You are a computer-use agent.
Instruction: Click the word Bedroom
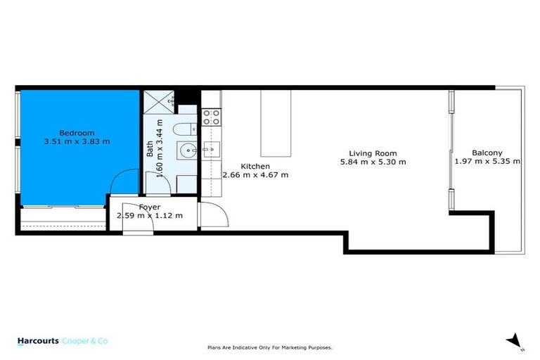(77, 133)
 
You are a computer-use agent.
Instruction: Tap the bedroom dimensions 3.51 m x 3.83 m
(77, 141)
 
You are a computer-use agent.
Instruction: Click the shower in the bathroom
(160, 102)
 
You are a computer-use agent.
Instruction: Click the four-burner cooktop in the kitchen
(212, 117)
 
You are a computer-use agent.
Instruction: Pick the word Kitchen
(255, 167)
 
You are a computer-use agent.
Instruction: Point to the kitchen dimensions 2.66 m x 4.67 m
(255, 175)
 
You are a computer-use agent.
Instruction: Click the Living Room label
(373, 153)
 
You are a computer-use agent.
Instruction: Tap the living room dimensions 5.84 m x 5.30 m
(373, 162)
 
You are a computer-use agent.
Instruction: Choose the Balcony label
(487, 153)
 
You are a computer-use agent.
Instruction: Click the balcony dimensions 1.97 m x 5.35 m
(487, 161)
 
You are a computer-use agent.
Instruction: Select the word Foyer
(149, 207)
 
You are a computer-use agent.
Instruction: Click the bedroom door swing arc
(124, 180)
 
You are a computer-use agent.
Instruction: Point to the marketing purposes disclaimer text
(269, 347)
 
